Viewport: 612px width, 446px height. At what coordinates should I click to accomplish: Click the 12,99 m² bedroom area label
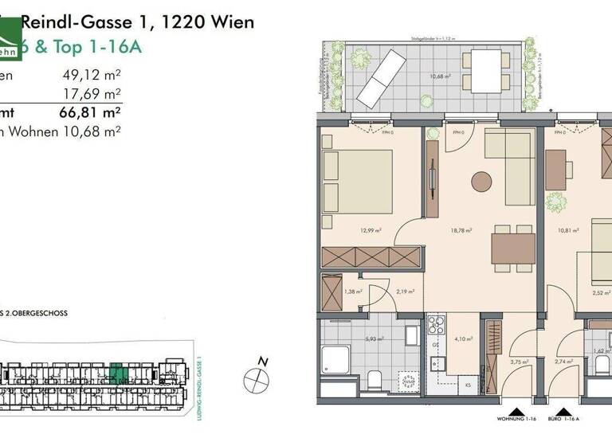[x=368, y=231]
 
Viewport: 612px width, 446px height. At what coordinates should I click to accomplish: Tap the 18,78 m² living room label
[x=462, y=231]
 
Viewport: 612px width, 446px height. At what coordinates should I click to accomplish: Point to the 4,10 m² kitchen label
[x=464, y=338]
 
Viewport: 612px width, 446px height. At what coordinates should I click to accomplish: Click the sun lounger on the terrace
[x=381, y=77]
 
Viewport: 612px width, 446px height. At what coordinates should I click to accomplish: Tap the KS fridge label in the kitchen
[x=468, y=386]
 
